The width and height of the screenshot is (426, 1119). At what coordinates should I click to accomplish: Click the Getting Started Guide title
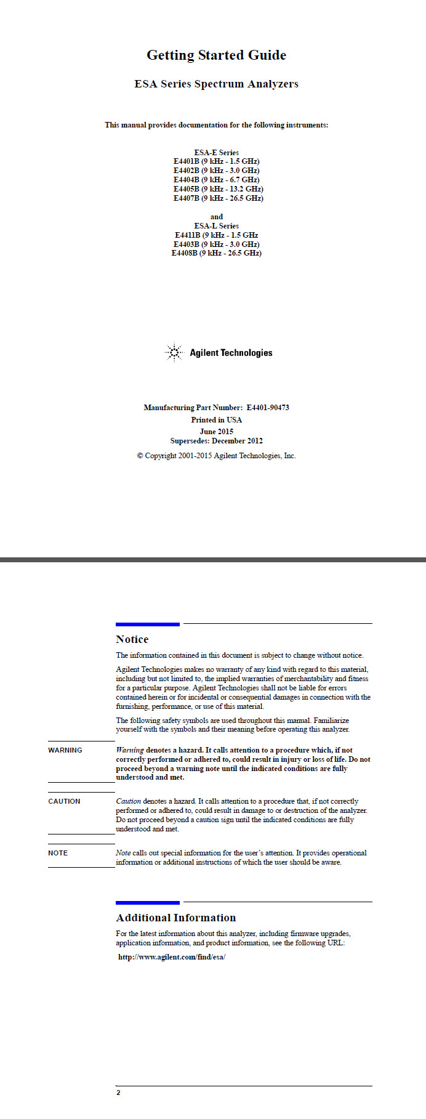[216, 55]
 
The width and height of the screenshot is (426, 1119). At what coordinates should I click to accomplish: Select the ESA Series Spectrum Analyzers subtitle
[216, 84]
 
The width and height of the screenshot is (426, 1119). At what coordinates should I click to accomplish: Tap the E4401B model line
[216, 161]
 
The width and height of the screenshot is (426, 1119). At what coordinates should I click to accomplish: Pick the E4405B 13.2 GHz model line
[218, 189]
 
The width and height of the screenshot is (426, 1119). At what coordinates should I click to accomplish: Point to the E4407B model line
[218, 198]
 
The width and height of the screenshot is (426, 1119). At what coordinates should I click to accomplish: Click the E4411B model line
[216, 235]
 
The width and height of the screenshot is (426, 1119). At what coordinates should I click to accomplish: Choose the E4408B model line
[216, 253]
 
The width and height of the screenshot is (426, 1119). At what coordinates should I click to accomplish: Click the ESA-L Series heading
[216, 226]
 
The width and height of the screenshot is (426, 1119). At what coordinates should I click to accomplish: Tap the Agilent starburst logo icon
[174, 353]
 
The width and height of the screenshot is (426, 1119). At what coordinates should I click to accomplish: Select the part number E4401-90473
[268, 408]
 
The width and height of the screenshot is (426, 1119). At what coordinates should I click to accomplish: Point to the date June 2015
[216, 432]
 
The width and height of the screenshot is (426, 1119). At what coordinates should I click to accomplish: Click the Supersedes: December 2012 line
[216, 441]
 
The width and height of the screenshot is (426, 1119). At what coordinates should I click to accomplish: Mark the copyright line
[216, 456]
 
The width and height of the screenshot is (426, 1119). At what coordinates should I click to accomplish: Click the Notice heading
[132, 639]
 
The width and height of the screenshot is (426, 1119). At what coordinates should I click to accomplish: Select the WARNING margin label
[65, 750]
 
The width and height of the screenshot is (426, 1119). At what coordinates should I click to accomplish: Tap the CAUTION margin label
[64, 801]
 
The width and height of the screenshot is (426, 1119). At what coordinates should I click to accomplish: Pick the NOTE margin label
[58, 853]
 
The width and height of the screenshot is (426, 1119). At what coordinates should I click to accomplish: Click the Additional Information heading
[176, 918]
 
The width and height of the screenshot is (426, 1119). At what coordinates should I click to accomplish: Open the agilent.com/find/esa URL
[172, 957]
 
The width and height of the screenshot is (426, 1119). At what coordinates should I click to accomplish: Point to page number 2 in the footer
[118, 1093]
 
